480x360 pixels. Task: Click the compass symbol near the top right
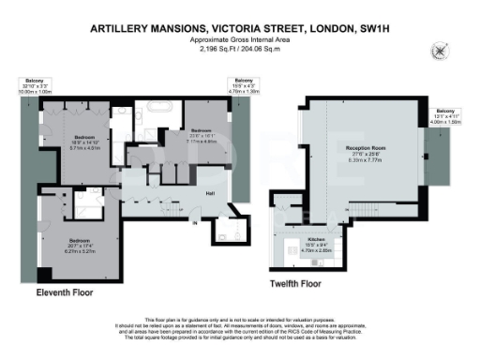(438, 50)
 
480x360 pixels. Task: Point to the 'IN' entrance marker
(194, 222)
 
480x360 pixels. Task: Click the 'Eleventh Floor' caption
(64, 292)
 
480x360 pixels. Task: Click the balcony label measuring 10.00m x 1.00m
(38, 85)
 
